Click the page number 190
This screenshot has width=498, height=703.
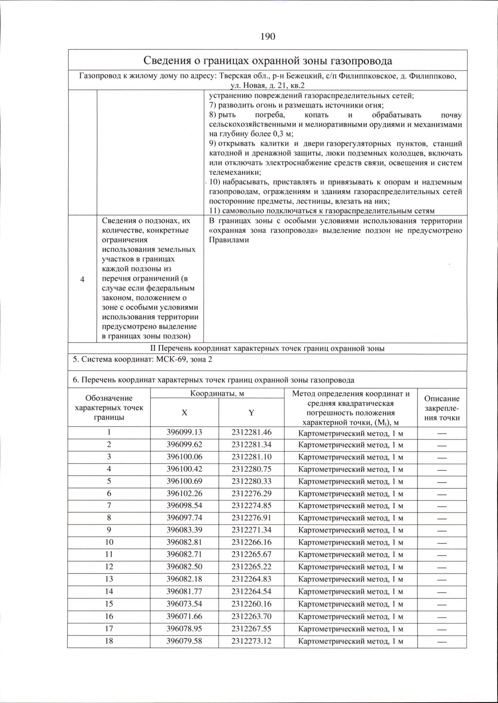coord(268,36)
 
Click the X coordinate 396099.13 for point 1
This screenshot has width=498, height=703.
coord(184,432)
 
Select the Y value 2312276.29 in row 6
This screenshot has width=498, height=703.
coord(251,494)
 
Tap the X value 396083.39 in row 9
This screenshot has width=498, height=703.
coord(184,530)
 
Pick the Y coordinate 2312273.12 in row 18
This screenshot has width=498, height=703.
coord(251,641)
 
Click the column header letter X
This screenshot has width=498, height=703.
coord(184,412)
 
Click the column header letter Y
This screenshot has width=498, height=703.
coord(251,412)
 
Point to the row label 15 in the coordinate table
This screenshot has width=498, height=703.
coord(109,604)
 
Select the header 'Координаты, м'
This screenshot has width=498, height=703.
coord(217,393)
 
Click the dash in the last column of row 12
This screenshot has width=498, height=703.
coord(442,567)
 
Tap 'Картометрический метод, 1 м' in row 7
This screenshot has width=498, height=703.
coord(351,506)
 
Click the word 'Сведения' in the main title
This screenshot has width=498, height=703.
coord(165,61)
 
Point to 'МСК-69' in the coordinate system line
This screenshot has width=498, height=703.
coord(171,359)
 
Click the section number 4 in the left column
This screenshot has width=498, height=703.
coord(82,279)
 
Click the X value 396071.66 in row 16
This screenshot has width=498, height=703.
coord(184,616)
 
